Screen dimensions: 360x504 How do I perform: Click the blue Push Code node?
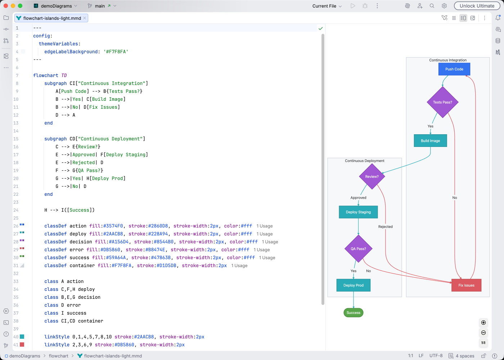tap(454, 69)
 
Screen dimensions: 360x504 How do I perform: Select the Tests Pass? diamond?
tap(442, 102)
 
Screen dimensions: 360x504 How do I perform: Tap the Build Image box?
tap(430, 141)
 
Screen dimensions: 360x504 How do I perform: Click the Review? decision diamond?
tap(372, 176)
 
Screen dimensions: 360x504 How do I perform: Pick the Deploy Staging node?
tap(358, 212)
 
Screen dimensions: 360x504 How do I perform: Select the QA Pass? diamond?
tap(358, 249)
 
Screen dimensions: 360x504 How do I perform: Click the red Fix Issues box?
tap(466, 285)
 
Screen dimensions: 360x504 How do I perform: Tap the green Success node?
tap(353, 312)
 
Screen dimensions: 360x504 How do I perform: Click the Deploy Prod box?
tap(353, 285)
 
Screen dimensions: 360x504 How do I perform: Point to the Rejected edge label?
tap(385, 226)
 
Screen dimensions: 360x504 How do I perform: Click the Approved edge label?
tap(358, 198)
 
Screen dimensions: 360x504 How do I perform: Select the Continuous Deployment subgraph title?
tap(364, 161)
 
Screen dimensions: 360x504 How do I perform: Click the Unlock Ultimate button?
tap(477, 6)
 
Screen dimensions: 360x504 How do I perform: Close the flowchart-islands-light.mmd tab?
tap(85, 18)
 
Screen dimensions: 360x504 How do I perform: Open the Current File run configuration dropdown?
tap(327, 6)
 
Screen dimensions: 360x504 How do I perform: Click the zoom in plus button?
tap(483, 323)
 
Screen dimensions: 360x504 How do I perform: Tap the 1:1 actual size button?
tap(483, 343)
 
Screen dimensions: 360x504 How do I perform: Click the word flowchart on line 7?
tap(45, 75)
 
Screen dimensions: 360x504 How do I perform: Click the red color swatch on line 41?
tap(22, 345)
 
